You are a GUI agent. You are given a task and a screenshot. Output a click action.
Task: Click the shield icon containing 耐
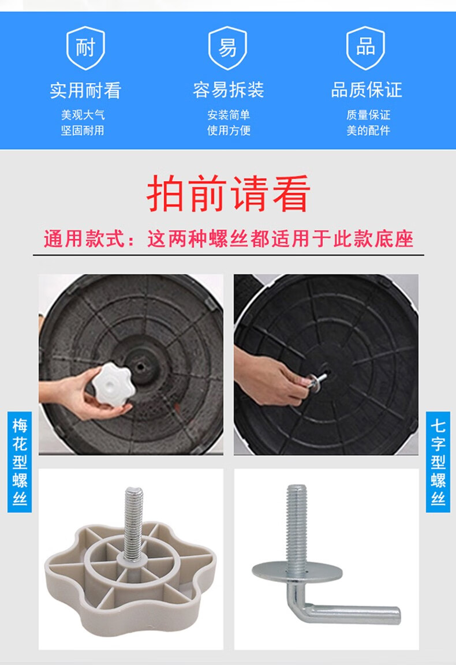pos(85,48)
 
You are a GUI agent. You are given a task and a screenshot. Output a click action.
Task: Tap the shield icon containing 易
pos(227,48)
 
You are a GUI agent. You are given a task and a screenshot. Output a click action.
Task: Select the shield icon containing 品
pos(365,48)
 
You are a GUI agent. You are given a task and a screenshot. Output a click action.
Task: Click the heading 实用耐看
pos(85,91)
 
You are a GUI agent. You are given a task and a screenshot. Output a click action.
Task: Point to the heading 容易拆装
pos(228,90)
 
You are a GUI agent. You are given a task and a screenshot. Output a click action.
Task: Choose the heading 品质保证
pos(367,90)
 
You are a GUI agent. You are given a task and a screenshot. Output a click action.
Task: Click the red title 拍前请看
pos(228,194)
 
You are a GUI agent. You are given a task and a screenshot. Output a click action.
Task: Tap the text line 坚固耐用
pos(83,130)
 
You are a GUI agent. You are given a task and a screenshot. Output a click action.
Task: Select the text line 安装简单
pos(229,115)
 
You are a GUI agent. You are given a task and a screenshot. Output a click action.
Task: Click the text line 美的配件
pos(368,130)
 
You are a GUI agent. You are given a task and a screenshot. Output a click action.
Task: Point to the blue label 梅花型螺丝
pos(20,462)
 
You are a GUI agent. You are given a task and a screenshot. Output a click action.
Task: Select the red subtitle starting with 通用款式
pos(228,238)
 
